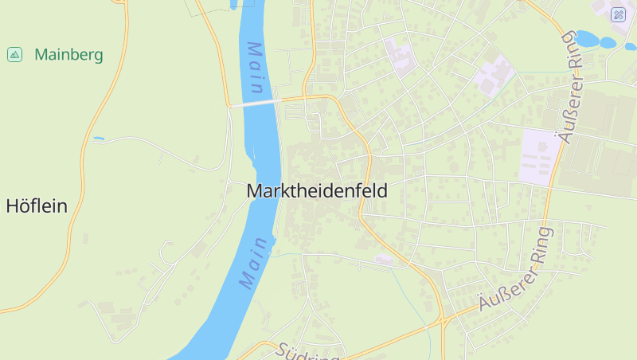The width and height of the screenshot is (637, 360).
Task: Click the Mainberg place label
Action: tap(68, 55)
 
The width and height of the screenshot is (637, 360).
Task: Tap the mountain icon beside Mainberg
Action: tap(14, 54)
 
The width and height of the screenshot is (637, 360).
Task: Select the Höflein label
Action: tap(37, 206)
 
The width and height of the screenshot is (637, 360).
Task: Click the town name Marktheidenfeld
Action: tap(317, 191)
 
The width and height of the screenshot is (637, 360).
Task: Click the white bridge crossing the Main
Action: tap(252, 103)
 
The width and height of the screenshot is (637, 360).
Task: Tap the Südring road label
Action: tap(309, 352)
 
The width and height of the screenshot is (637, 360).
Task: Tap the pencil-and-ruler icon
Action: tap(619, 14)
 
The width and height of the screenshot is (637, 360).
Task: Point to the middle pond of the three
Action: tap(608, 42)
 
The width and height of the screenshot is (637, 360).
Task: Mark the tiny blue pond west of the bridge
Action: tap(98, 139)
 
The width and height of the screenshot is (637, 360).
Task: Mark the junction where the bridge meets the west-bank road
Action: tap(229, 105)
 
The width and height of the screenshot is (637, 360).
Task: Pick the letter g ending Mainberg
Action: tap(98, 57)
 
